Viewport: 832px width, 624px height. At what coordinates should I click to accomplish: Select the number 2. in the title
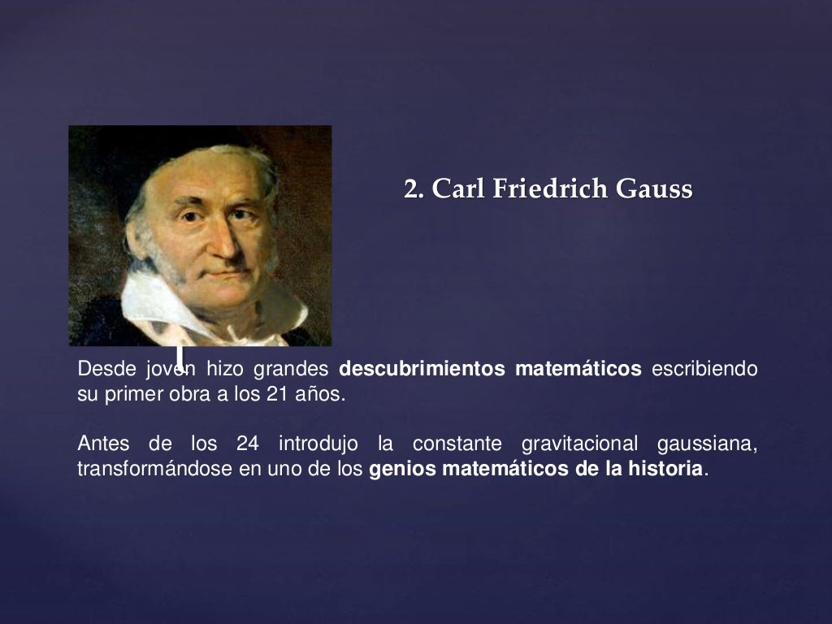pyautogui.click(x=414, y=189)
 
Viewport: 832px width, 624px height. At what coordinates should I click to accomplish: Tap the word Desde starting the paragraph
pyautogui.click(x=104, y=369)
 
